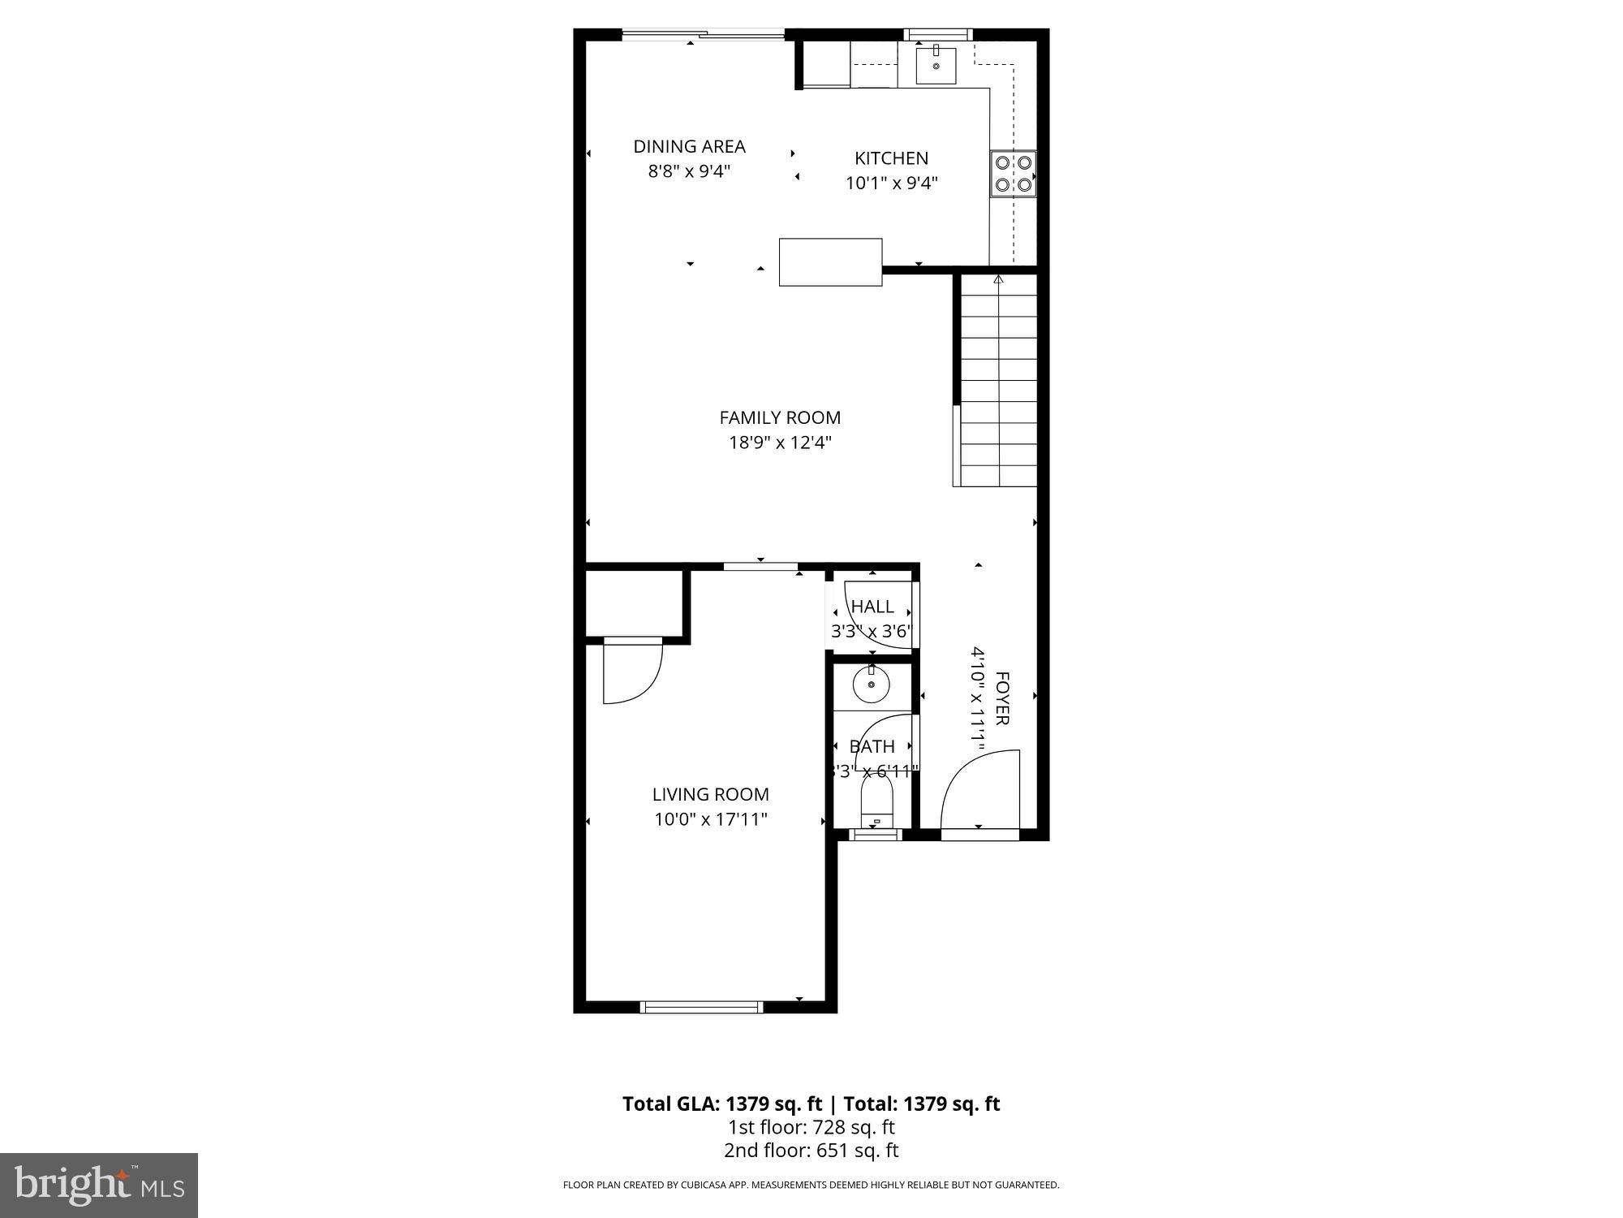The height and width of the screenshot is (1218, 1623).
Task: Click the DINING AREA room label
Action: tap(689, 146)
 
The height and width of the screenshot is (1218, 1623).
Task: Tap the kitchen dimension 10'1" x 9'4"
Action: tap(891, 184)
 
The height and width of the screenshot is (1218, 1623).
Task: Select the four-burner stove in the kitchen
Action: tap(1013, 174)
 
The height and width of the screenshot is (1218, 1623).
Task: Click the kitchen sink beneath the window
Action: tap(936, 65)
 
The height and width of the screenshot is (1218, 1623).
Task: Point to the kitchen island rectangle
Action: tap(830, 261)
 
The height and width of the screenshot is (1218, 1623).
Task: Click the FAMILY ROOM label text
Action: tap(779, 417)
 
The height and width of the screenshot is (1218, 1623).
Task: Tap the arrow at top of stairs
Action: tap(998, 280)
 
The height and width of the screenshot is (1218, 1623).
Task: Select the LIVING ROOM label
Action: tap(710, 794)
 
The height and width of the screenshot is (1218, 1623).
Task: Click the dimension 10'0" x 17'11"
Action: tap(710, 819)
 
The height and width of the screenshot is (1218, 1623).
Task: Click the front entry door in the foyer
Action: tap(979, 792)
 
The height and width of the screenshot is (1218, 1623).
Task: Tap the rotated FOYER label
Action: tap(1002, 698)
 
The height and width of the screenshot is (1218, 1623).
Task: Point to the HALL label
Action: tap(872, 607)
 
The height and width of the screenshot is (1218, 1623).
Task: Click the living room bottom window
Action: tap(702, 1007)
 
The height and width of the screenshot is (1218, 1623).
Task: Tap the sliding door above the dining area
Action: tap(703, 34)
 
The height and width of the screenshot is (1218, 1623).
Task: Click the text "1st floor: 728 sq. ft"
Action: tap(811, 1127)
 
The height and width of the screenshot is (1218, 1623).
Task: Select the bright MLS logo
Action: tap(98, 1186)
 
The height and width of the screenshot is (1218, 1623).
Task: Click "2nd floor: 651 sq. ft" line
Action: tap(811, 1151)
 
